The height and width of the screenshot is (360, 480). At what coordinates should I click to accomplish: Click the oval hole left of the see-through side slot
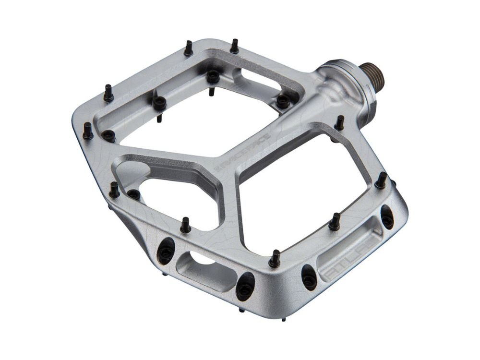tap(166, 250)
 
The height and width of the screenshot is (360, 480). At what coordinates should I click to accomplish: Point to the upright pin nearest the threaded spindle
tap(339, 122)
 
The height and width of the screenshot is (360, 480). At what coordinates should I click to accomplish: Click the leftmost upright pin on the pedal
tap(88, 130)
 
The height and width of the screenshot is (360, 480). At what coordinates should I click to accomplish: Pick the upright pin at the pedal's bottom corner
tap(275, 258)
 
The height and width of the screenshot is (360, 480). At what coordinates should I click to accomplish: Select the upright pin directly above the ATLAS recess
tap(335, 221)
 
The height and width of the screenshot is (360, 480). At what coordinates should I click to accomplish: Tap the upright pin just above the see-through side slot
tap(185, 224)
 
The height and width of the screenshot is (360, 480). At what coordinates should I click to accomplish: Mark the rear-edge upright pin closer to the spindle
tap(234, 46)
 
